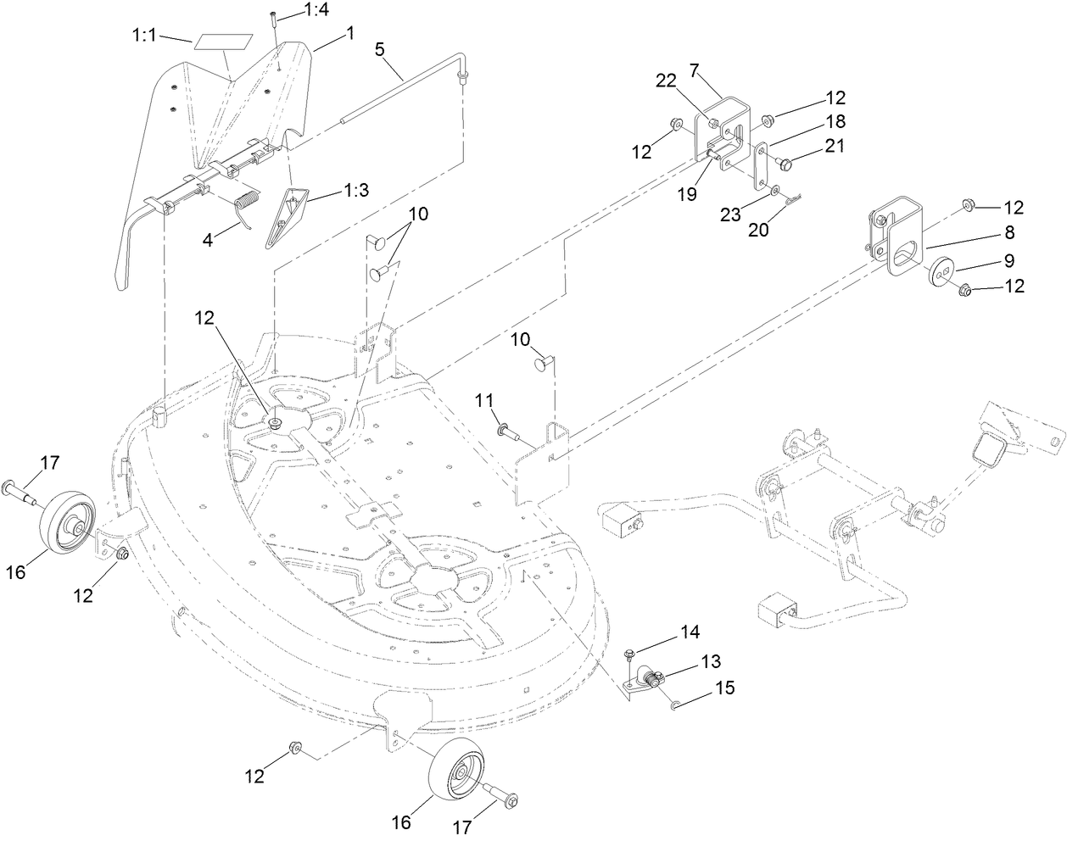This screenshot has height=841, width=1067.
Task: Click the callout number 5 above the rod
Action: (380, 50)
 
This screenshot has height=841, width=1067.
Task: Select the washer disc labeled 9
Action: (940, 270)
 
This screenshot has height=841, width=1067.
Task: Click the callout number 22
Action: (665, 80)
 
